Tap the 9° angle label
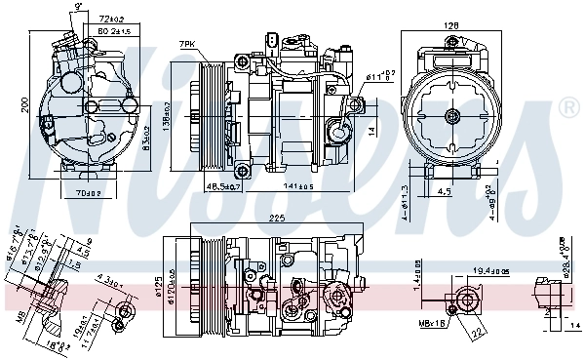click(78, 7)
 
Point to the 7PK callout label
click(187, 45)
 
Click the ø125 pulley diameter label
click(159, 290)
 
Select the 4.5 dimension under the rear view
click(444, 192)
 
